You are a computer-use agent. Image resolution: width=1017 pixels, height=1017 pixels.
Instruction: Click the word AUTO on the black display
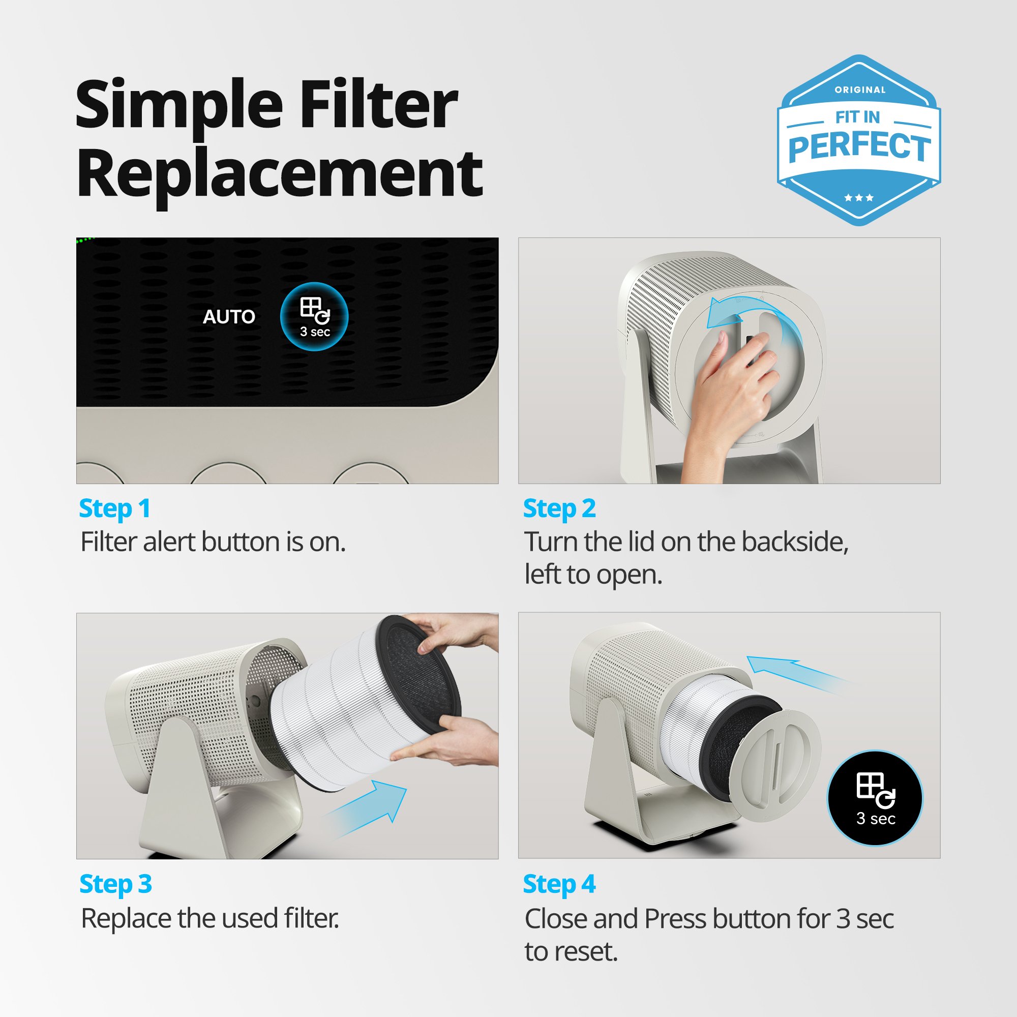(229, 316)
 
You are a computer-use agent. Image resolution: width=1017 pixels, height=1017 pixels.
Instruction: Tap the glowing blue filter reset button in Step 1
(314, 317)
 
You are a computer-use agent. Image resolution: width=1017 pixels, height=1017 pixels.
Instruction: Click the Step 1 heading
(115, 508)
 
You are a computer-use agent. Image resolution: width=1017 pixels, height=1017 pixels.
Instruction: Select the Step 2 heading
(559, 508)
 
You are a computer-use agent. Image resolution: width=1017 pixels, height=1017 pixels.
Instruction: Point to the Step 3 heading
(115, 884)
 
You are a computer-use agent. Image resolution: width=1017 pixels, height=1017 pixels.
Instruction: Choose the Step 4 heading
(559, 884)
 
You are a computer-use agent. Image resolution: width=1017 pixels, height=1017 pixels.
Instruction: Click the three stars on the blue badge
(858, 198)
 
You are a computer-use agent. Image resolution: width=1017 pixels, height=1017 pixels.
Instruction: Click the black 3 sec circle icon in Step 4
(875, 798)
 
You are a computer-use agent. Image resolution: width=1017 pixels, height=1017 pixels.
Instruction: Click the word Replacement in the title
(279, 174)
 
